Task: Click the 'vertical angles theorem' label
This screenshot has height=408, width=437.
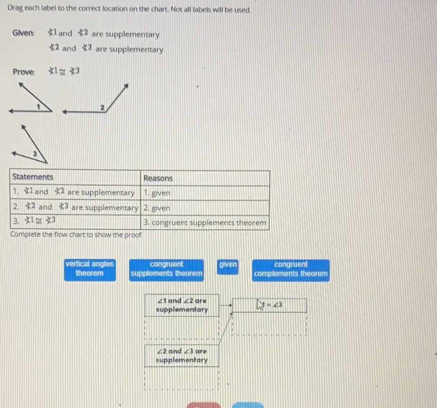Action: tap(90, 269)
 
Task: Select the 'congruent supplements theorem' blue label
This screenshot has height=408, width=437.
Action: tap(166, 270)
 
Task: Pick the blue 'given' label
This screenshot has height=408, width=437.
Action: tap(228, 267)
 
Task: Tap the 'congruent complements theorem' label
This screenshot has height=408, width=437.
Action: tap(291, 270)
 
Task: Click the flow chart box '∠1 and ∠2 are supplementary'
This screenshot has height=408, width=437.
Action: tap(182, 305)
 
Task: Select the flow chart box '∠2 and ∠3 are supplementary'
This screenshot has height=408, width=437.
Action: tap(182, 356)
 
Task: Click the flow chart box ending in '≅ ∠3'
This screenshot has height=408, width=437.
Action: tap(269, 305)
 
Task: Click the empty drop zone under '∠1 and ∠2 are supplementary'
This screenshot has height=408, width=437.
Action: tap(182, 328)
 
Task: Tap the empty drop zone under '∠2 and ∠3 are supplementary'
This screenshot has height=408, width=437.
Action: tap(182, 378)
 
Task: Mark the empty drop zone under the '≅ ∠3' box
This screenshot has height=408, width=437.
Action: tap(269, 324)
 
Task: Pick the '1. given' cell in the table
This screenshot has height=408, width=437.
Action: tap(205, 193)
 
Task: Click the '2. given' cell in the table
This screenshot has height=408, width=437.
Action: tap(205, 208)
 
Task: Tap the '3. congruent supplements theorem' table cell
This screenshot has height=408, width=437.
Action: tap(205, 223)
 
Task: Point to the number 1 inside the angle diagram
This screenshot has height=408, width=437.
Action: tap(38, 106)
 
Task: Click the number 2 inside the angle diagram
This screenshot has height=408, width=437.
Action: tap(103, 107)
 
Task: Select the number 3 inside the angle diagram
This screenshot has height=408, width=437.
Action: tap(34, 153)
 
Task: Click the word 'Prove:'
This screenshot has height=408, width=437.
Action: tap(24, 72)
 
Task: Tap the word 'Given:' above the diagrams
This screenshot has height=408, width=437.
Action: tap(24, 33)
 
